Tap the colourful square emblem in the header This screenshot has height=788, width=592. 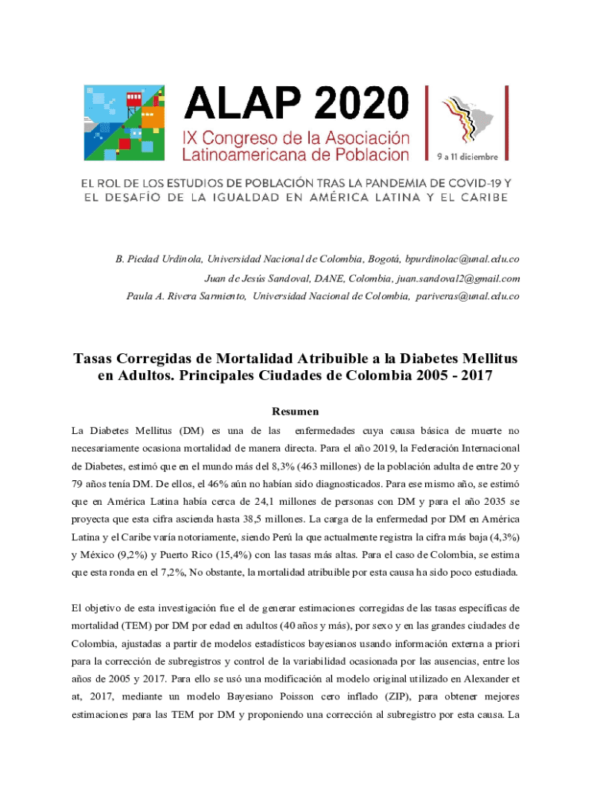pyautogui.click(x=123, y=122)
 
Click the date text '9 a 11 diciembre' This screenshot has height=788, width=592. pyautogui.click(x=468, y=157)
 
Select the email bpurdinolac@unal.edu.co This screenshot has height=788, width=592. pyautogui.click(x=463, y=261)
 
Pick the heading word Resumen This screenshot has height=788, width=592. pyautogui.click(x=296, y=412)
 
